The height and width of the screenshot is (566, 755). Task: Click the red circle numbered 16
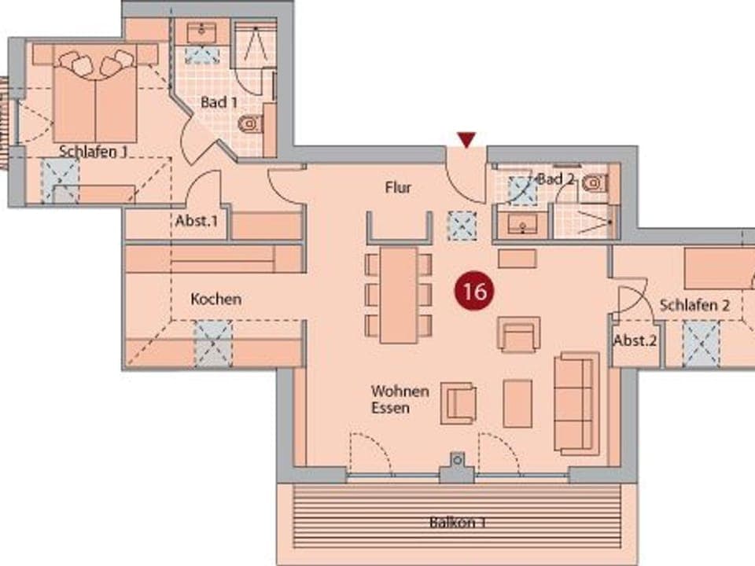474,292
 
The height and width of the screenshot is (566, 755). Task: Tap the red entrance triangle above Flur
468,140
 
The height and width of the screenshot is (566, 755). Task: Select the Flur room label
398,188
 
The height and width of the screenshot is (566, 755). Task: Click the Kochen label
216,300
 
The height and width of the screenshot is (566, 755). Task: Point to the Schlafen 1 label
93,152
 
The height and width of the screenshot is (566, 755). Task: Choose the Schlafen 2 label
694,305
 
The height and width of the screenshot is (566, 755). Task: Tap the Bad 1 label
219,102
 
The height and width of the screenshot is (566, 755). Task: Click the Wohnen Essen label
400,399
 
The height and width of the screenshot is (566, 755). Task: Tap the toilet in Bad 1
251,123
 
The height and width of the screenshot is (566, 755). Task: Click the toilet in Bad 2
595,183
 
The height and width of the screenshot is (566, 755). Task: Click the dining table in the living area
399,295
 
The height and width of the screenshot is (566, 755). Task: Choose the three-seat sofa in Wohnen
577,403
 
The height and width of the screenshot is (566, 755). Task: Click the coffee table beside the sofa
517,402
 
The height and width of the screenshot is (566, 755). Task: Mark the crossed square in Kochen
214,344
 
